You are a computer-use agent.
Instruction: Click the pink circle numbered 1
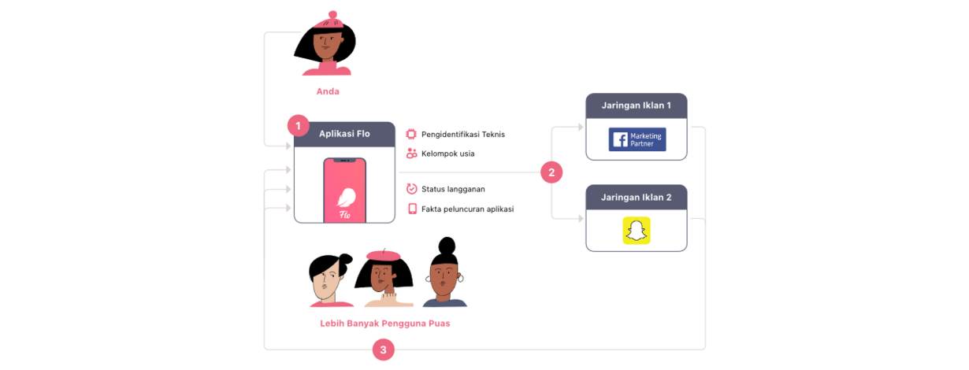298,126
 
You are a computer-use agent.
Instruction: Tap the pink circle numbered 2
551,172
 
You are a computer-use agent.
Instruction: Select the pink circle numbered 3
384,350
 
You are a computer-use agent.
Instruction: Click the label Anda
328,91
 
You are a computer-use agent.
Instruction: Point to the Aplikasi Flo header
344,135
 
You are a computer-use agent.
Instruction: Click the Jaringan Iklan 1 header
637,106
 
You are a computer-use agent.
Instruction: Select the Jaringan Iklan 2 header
637,198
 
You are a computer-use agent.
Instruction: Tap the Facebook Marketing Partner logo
637,139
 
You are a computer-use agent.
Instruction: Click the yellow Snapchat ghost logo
637,231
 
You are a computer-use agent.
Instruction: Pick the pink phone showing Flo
345,191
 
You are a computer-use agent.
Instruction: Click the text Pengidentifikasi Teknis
463,135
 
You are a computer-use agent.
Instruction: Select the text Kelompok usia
447,154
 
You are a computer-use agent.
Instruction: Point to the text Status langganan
453,189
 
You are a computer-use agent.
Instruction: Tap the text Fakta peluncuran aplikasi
468,209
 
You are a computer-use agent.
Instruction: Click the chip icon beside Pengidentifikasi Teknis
411,134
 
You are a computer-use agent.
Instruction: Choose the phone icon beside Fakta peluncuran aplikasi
412,209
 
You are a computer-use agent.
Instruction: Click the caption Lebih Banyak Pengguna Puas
385,324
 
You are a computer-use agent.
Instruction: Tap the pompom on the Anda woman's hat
332,15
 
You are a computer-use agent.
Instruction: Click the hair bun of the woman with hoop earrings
447,246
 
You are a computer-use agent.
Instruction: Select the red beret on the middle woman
384,255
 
